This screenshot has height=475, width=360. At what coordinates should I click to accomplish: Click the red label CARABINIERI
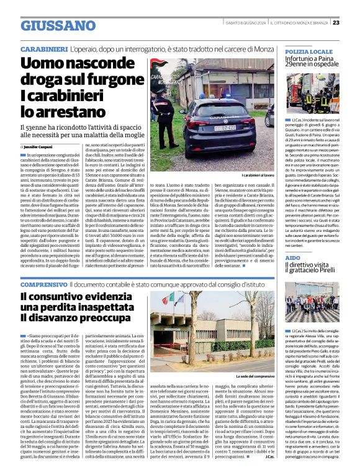click(x=43, y=48)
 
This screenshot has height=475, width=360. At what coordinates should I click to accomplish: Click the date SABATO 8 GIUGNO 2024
click(x=241, y=22)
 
